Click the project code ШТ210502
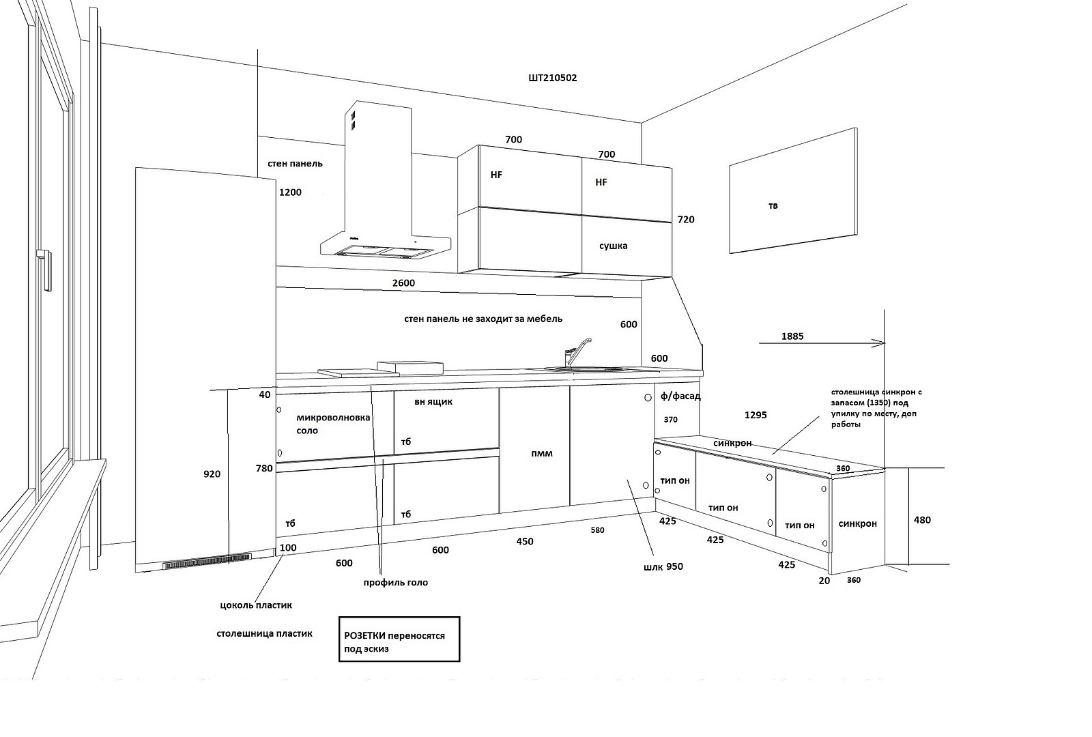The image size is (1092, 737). pos(552,78)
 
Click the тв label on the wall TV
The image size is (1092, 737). pos(773,205)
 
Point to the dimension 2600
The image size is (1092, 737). pos(403,283)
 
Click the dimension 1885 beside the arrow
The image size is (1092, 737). pos(792,336)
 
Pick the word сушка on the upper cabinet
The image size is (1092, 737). pos(613,246)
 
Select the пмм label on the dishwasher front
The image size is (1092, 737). pos(541,453)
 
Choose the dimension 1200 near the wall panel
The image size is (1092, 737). pos(290,192)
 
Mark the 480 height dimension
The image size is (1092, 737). pos(922,520)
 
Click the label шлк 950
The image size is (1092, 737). pos(663,566)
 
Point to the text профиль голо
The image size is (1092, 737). pos(396,582)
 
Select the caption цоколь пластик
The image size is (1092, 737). pos(256,605)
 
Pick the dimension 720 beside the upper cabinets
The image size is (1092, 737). pos(685,220)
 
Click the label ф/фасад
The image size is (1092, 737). pos(680,396)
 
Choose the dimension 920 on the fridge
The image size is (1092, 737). pos(212,474)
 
